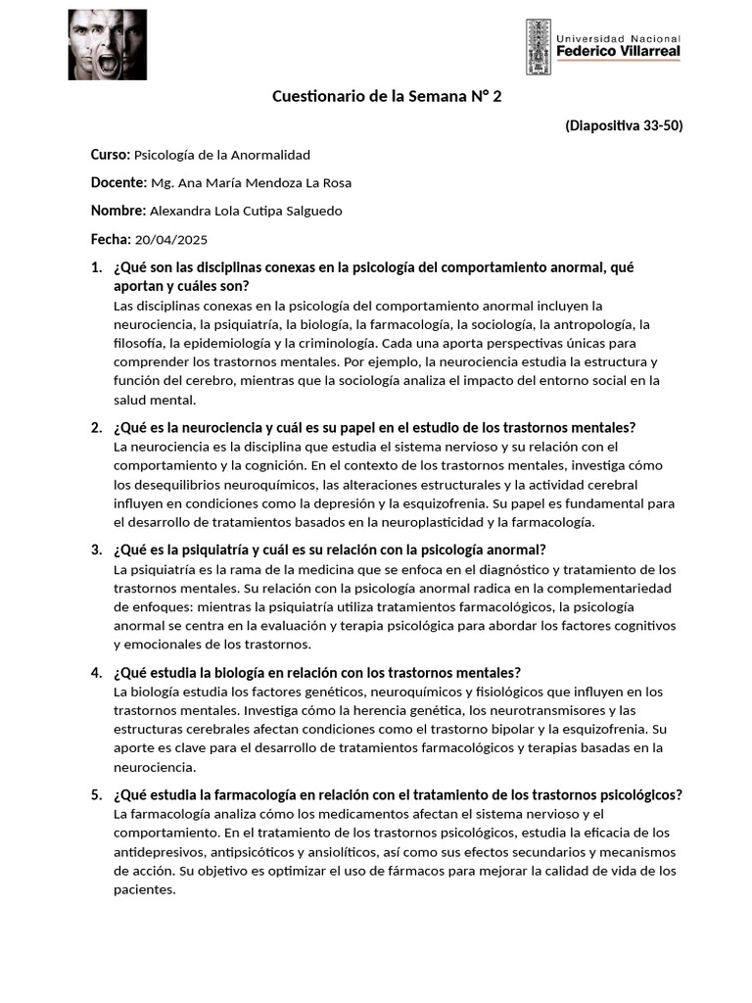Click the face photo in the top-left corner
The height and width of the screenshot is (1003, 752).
(x=107, y=45)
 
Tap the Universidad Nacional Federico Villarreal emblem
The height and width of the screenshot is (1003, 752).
(x=538, y=46)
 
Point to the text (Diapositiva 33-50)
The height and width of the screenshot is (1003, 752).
(x=624, y=125)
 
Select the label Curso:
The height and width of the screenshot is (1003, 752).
(x=111, y=155)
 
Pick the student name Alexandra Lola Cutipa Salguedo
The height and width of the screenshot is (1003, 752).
(x=246, y=212)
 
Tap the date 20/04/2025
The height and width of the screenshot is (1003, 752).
(x=171, y=240)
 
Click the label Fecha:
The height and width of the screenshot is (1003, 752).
(x=111, y=240)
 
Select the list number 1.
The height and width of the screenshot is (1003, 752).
(x=96, y=267)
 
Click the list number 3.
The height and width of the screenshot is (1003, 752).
(x=96, y=549)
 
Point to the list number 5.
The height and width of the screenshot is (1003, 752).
(x=96, y=794)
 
